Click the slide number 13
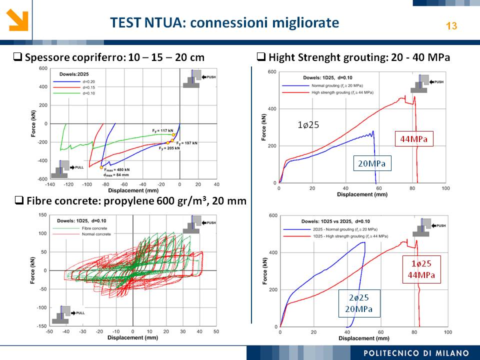(x=451, y=26)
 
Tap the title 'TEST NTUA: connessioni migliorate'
(x=224, y=23)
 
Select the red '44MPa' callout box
(x=413, y=138)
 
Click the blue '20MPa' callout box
(x=372, y=163)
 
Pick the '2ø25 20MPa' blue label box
(x=358, y=303)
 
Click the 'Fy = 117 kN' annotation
(x=162, y=130)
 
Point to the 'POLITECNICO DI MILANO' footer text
(x=416, y=353)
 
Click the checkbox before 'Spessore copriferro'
(x=18, y=57)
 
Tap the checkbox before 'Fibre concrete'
(x=19, y=201)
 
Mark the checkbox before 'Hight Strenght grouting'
(x=261, y=57)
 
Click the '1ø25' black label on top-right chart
(x=308, y=125)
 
